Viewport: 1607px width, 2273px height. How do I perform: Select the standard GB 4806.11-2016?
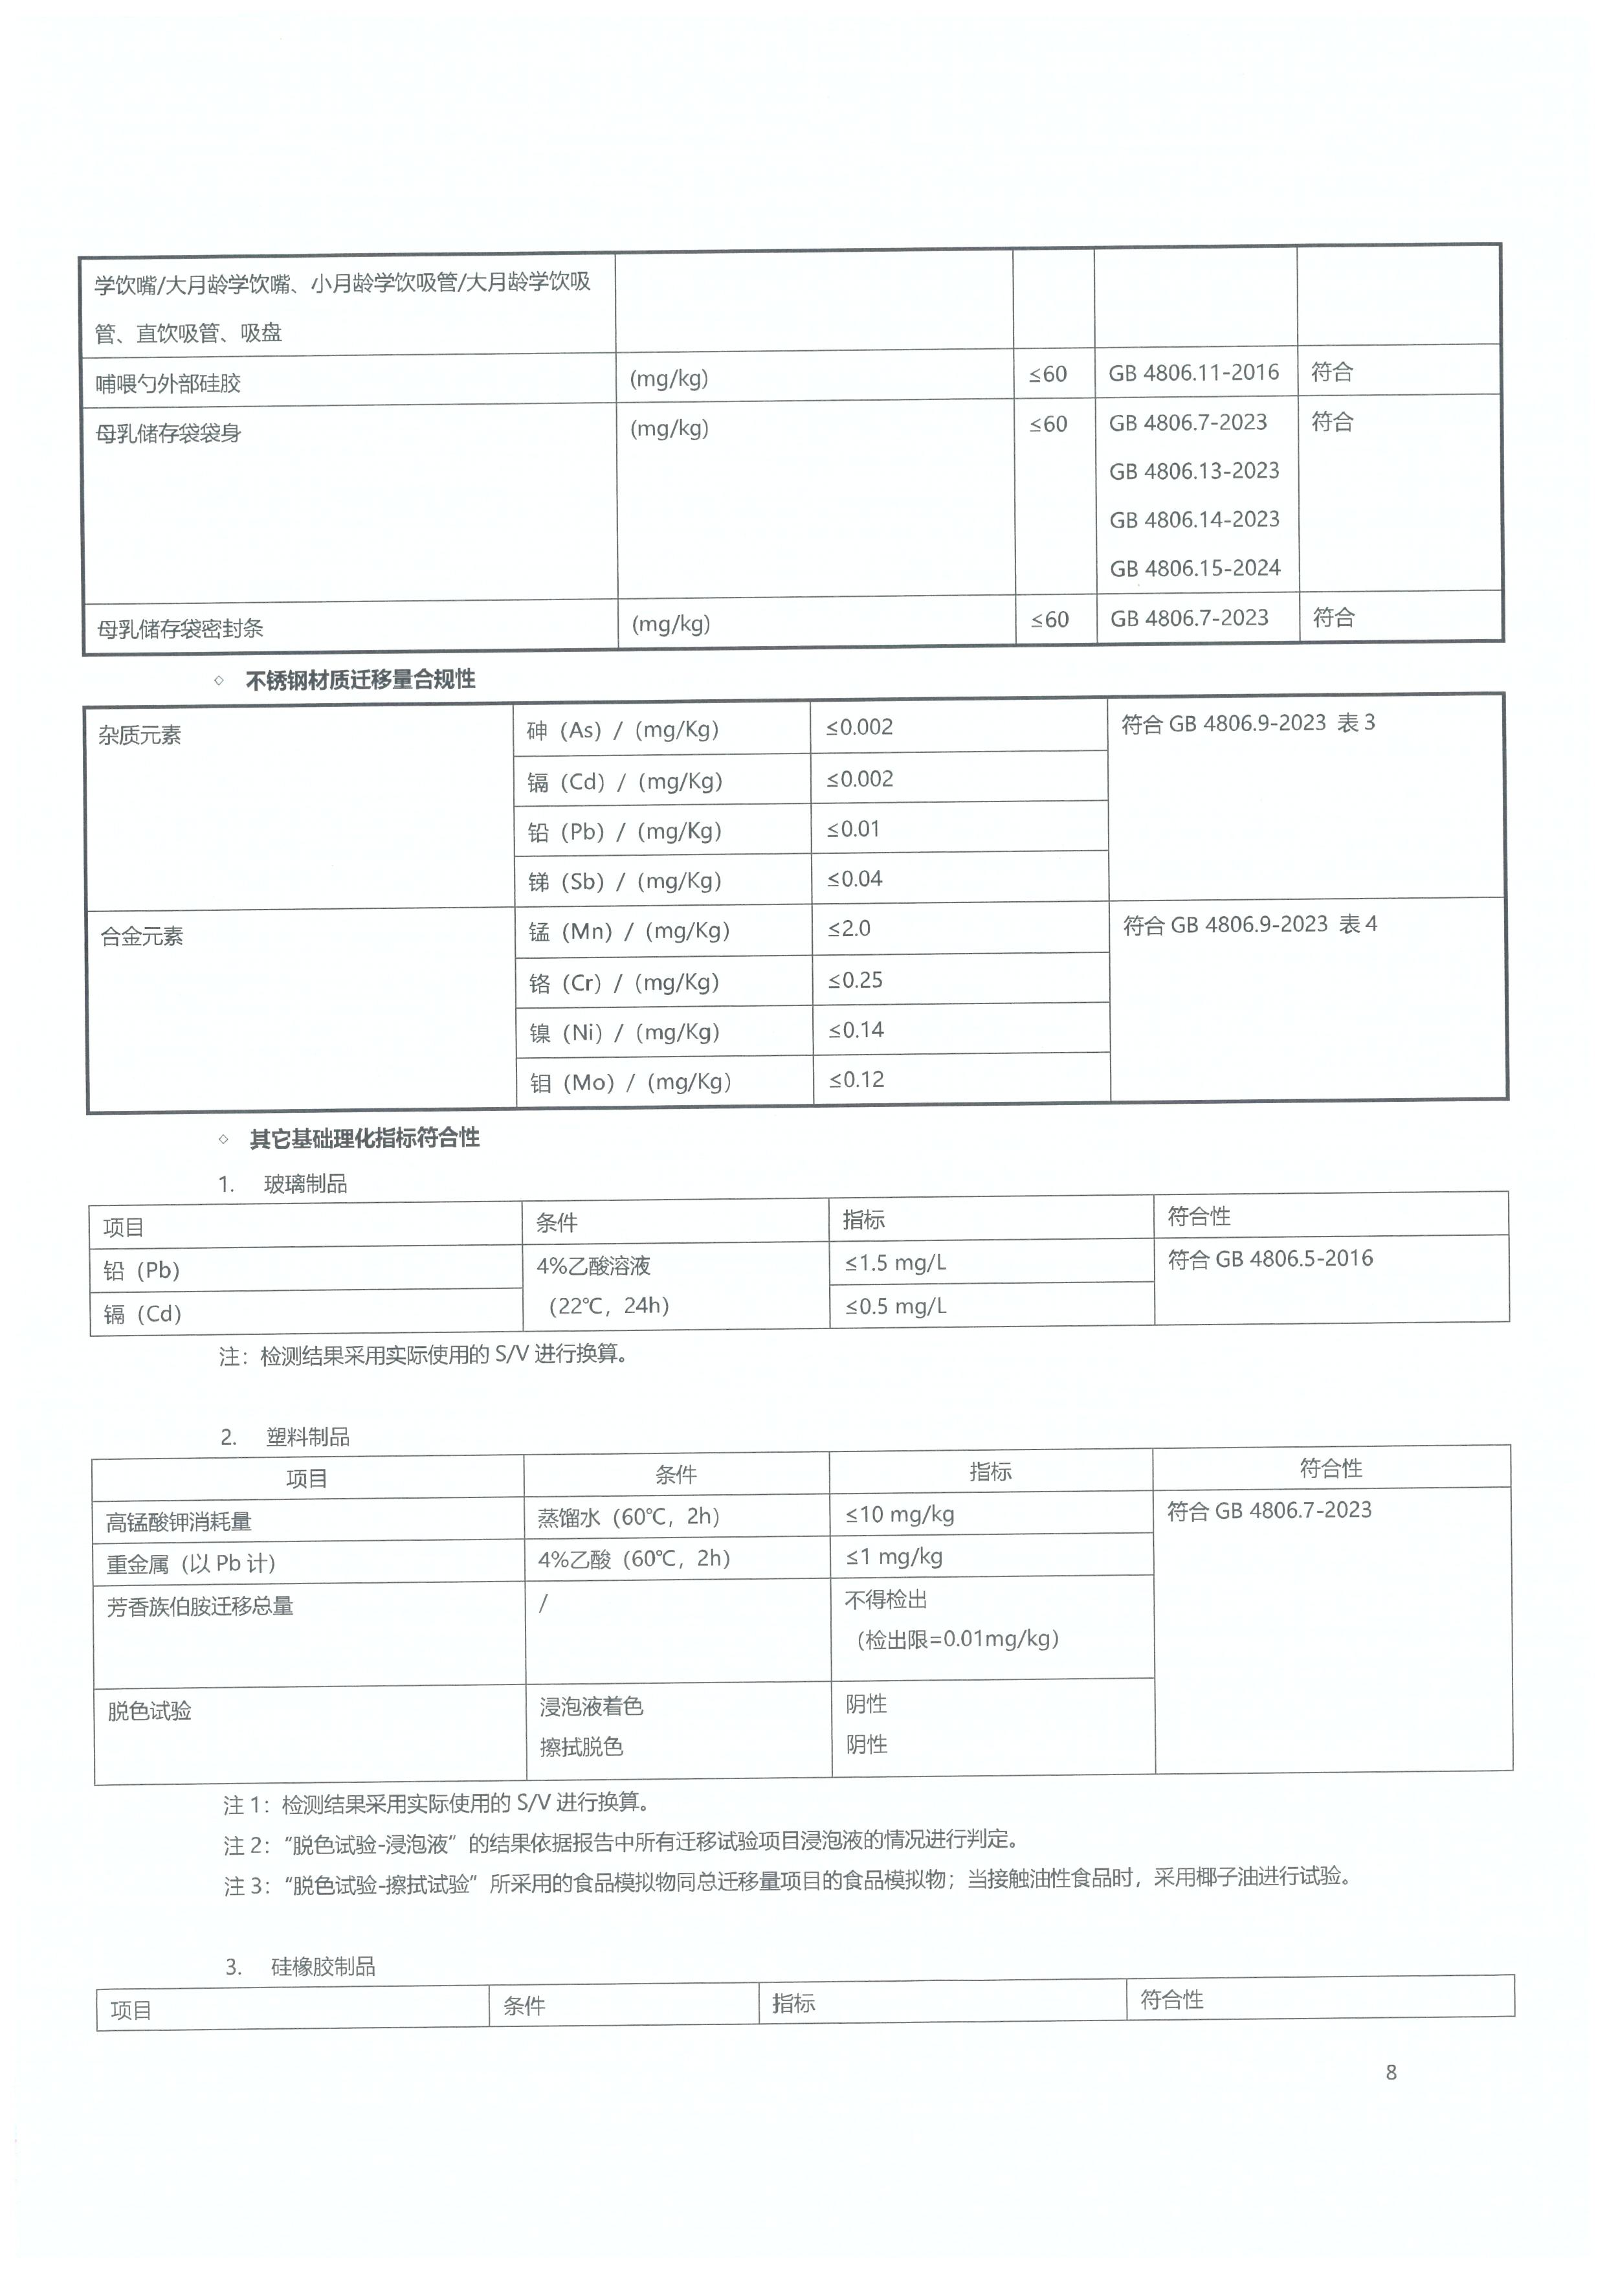[1193, 374]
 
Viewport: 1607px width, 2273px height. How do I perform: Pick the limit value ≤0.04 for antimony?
[855, 879]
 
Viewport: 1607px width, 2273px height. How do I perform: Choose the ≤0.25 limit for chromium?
[855, 981]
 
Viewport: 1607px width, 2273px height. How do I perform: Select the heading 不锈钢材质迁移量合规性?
[360, 680]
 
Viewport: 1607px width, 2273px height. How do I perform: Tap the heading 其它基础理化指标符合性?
[364, 1139]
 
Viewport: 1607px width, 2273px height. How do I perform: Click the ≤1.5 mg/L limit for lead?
[896, 1263]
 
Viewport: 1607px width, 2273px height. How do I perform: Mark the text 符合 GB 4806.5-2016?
[1270, 1259]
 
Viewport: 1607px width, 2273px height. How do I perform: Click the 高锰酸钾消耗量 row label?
[179, 1521]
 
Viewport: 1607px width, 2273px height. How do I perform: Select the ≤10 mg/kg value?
[900, 1515]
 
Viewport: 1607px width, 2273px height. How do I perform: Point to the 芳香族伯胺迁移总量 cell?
[200, 1606]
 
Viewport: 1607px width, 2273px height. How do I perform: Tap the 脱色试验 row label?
[150, 1710]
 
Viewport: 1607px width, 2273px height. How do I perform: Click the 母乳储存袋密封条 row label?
[180, 629]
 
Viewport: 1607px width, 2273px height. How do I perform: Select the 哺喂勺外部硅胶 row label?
[168, 384]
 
